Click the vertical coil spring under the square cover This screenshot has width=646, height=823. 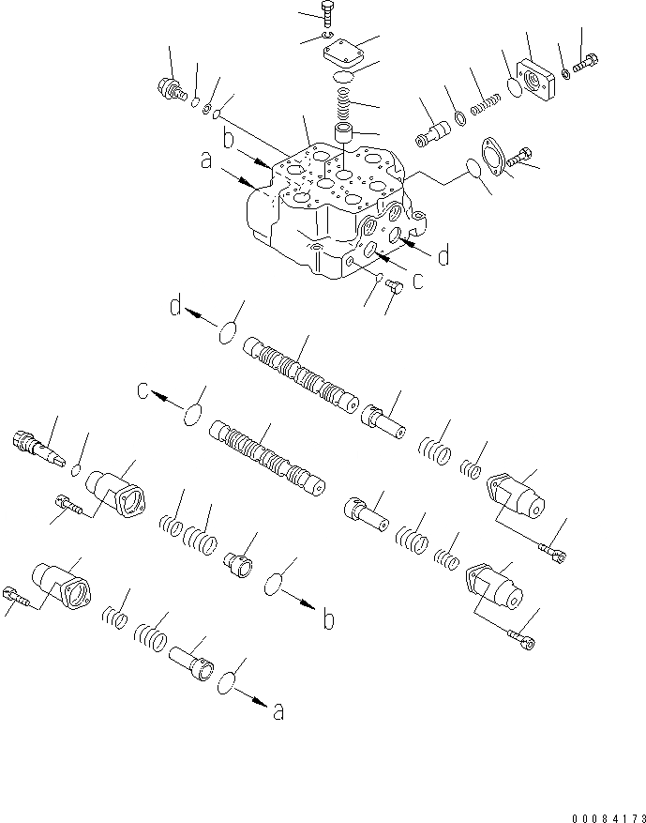(341, 99)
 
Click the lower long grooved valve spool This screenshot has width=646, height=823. (270, 456)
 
